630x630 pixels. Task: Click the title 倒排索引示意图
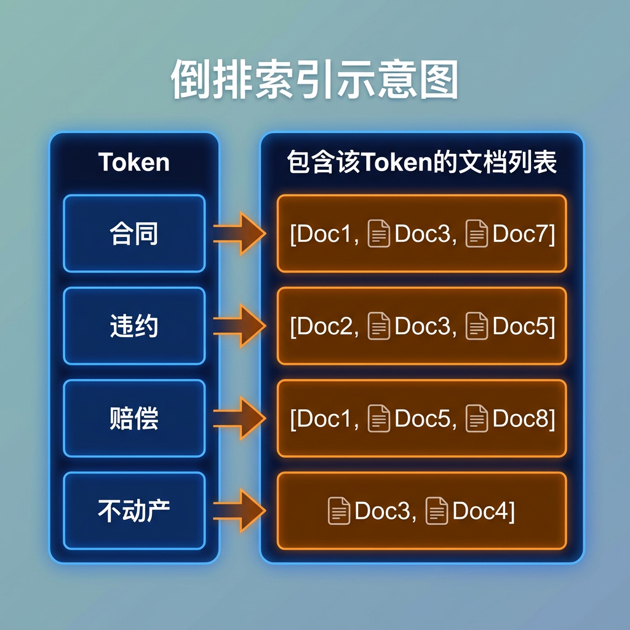[314, 79]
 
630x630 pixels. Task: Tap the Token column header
[134, 162]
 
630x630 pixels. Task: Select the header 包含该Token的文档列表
[421, 162]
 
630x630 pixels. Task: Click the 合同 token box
[134, 233]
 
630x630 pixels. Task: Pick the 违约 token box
[134, 326]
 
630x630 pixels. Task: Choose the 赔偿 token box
[134, 418]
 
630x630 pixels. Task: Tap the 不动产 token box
[134, 511]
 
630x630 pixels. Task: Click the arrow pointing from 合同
[239, 233]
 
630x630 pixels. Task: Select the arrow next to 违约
[239, 326]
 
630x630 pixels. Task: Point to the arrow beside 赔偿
[239, 418]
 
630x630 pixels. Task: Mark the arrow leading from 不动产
[239, 511]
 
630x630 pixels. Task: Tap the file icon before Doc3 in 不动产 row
[339, 511]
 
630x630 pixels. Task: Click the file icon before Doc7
[477, 233]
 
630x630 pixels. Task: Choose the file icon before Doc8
[477, 418]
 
